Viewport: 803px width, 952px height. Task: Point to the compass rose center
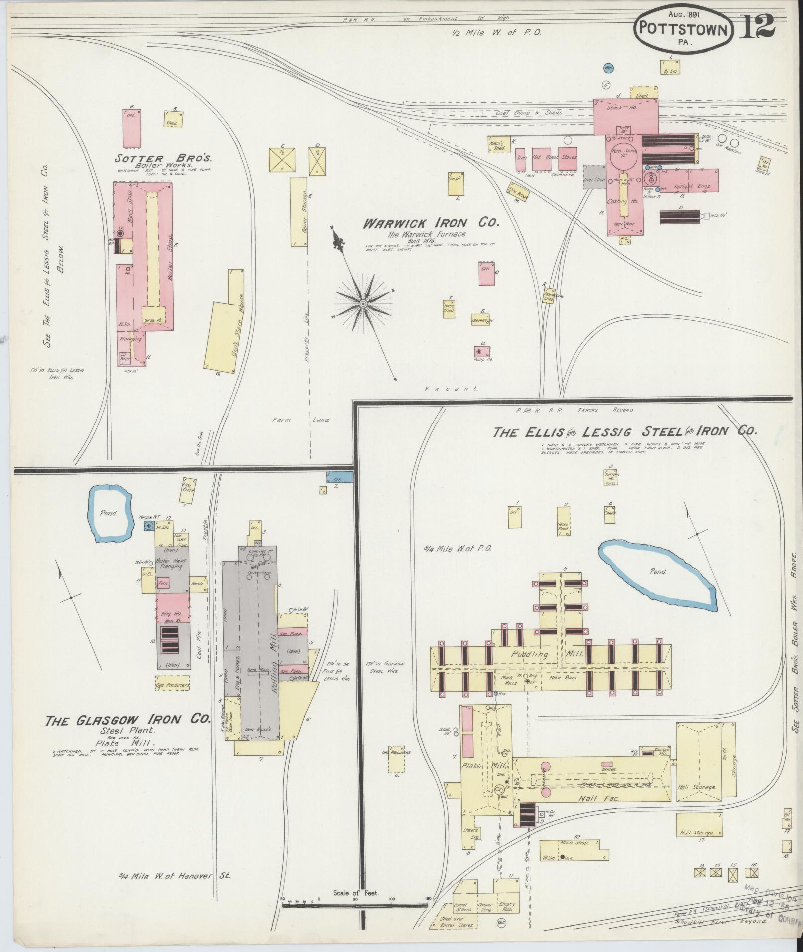pos(363,303)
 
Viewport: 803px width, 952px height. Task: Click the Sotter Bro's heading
pos(163,159)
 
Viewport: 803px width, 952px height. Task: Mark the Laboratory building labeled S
pos(482,320)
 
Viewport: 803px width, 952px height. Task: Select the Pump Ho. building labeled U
pos(482,351)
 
